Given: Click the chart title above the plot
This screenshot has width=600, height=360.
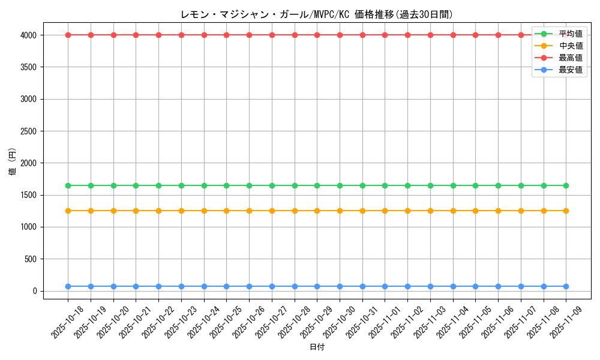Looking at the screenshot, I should coord(316,14).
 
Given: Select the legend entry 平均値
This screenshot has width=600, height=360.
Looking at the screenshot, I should coord(571,34).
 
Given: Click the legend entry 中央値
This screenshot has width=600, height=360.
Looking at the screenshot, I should coord(571,46).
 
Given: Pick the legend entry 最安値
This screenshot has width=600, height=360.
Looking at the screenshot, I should coord(571,70).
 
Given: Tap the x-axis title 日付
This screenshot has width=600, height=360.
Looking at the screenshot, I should coord(316,347).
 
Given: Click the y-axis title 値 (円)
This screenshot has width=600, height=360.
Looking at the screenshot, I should coord(12,162).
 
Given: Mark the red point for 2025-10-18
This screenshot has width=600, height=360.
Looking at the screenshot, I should coord(68,35).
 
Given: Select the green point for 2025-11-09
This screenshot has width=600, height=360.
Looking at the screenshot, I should coord(566,185).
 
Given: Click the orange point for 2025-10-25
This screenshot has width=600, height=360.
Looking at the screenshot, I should coord(226,211).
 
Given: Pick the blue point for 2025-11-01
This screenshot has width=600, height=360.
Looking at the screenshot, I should coord(385,286).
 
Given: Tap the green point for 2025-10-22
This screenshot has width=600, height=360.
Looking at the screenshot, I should coord(158,185).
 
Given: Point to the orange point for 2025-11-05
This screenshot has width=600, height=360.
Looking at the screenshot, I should coord(475,211).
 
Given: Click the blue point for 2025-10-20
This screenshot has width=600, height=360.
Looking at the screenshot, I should coord(113,286).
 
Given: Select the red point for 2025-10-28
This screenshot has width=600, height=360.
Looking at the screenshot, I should coord(295,35).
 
